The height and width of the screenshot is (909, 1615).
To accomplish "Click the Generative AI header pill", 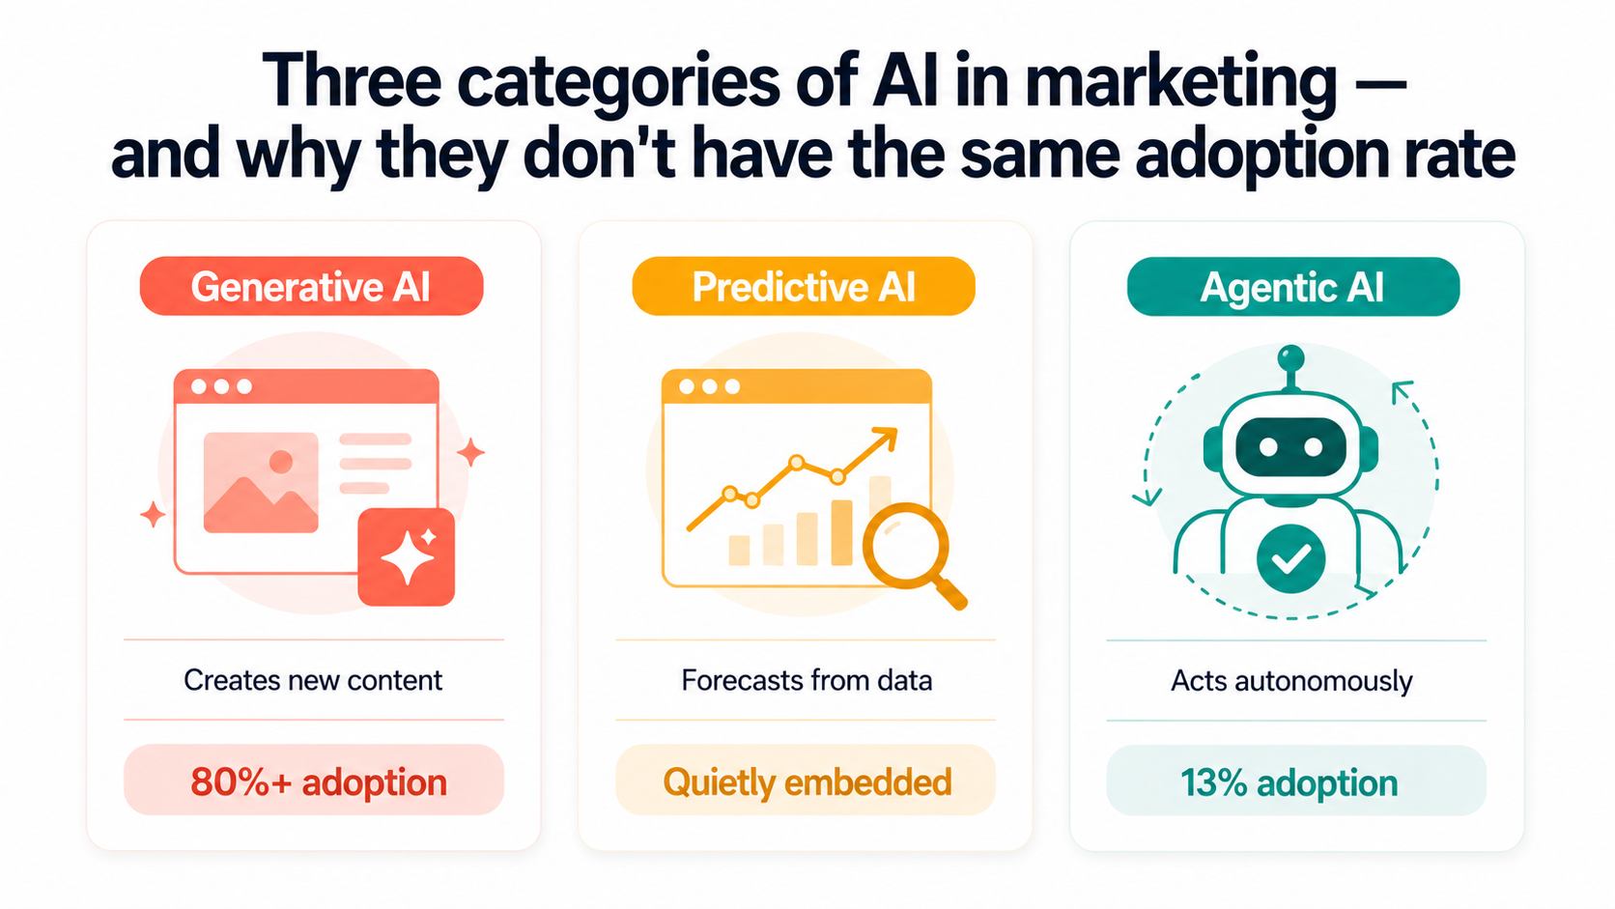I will pyautogui.click(x=311, y=287).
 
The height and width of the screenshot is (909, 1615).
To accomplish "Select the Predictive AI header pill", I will pyautogui.click(x=804, y=287).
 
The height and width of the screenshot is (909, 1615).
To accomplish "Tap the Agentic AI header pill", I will pyautogui.click(x=1292, y=287).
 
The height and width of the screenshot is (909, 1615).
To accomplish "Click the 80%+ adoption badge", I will pyautogui.click(x=314, y=781).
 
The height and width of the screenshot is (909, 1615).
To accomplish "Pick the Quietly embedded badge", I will pyautogui.click(x=806, y=781).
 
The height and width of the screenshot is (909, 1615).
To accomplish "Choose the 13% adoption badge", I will pyautogui.click(x=1295, y=781).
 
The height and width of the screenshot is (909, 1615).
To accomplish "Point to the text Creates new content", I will pyautogui.click(x=313, y=680).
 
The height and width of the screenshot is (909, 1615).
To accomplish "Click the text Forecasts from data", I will pyautogui.click(x=807, y=680).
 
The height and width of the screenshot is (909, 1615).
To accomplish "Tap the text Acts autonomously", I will pyautogui.click(x=1291, y=681).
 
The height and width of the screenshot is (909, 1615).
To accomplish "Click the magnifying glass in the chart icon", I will pyautogui.click(x=905, y=547).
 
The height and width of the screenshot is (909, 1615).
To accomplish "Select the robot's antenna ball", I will pyautogui.click(x=1290, y=358).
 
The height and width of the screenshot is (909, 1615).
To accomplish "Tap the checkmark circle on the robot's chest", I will pyautogui.click(x=1290, y=558).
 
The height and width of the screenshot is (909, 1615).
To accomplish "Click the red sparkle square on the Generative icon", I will pyautogui.click(x=407, y=557).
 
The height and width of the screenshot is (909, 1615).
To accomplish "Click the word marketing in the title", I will pyautogui.click(x=1180, y=83).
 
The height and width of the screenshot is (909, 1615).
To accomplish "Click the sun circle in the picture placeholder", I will pyautogui.click(x=281, y=462).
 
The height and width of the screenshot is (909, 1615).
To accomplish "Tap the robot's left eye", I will pyautogui.click(x=1268, y=447).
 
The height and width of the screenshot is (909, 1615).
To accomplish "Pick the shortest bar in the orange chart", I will pyautogui.click(x=739, y=550).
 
